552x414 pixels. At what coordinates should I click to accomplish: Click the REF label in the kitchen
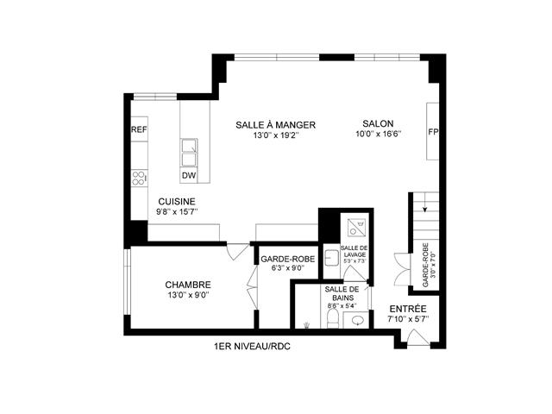click(138, 129)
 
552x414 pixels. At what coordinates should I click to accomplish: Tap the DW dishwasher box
click(188, 176)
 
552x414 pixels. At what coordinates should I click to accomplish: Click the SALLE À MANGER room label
click(275, 125)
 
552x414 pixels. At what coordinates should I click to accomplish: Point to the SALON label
click(378, 123)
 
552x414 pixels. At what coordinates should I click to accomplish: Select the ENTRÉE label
click(408, 309)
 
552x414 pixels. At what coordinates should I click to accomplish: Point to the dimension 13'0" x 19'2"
click(275, 135)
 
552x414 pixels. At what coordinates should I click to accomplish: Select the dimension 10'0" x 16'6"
click(378, 134)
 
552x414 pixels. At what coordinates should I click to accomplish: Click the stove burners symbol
click(137, 178)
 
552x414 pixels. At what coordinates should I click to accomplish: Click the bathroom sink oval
click(356, 321)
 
